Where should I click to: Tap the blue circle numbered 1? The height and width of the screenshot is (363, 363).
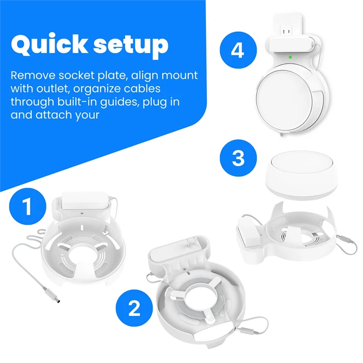(x=27, y=206)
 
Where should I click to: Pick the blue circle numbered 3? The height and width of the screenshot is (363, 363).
(x=238, y=158)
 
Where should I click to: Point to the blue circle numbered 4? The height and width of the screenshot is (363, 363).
(x=237, y=50)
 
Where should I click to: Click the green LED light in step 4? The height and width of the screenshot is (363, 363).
(x=289, y=57)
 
